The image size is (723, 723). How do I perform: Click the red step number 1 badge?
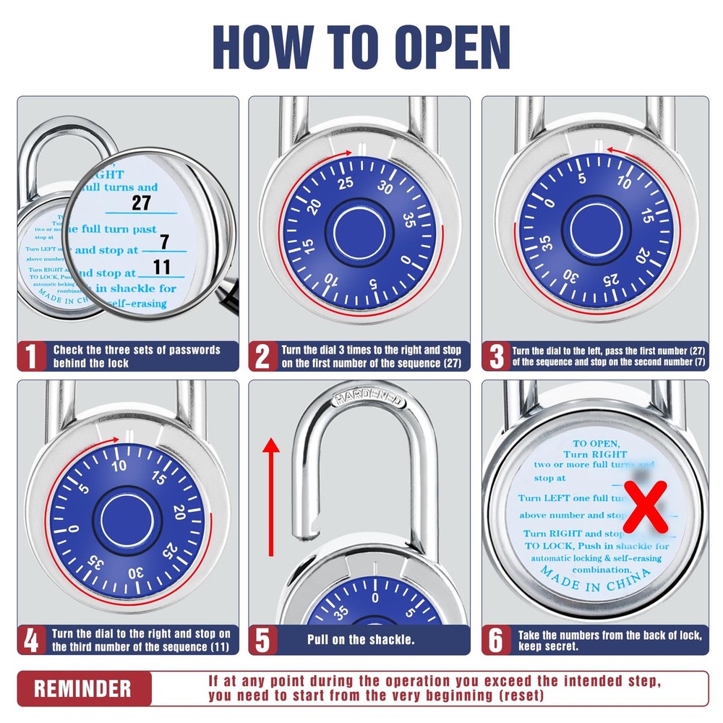point(31,356)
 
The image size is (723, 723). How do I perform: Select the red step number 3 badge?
point(496,356)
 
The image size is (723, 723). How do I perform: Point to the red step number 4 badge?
point(31,640)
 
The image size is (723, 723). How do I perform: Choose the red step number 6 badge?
point(496,640)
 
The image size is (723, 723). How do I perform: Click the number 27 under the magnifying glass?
point(141,202)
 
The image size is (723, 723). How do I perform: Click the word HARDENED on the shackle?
point(369,398)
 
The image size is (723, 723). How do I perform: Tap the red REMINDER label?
point(83,688)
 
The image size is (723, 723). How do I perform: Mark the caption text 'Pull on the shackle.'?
point(361,640)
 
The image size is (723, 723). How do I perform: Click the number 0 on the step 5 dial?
point(375,597)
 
